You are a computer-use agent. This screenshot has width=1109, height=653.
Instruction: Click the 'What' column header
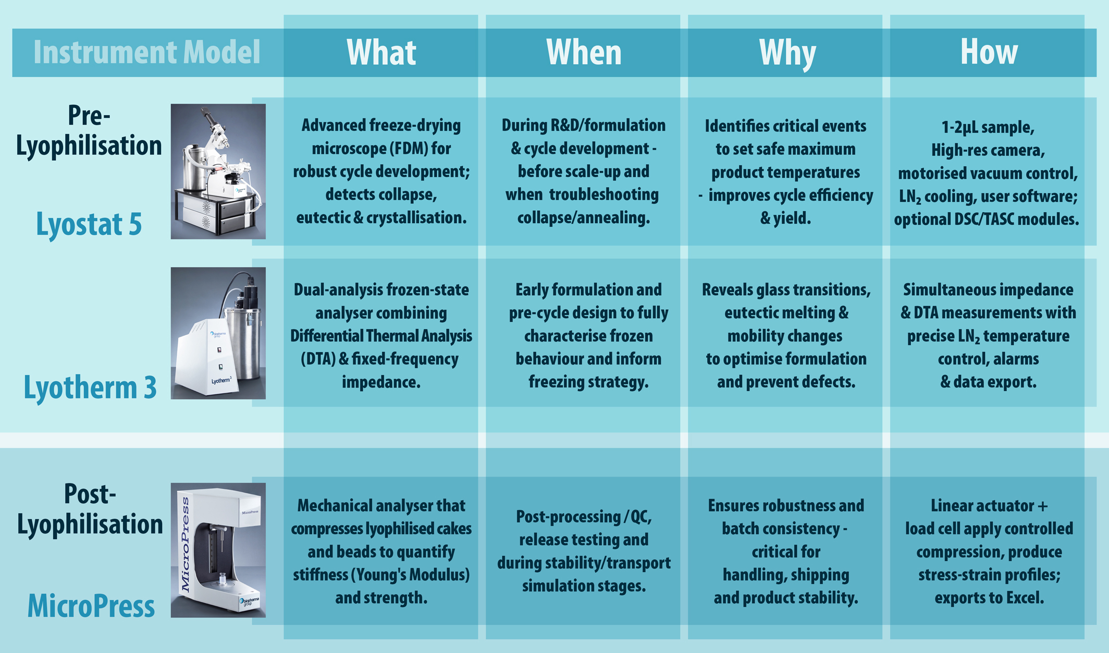pos(381,52)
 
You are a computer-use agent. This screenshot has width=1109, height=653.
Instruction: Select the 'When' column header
pos(584,52)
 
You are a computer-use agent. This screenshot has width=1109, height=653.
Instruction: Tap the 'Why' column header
pos(787,53)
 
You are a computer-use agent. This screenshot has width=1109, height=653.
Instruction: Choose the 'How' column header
pos(989,52)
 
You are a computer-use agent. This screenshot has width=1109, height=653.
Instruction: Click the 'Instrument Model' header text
pos(146,52)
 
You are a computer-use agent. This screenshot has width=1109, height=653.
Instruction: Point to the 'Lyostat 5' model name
pos(89,224)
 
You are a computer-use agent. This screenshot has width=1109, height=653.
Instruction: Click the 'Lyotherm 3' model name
pos(90,388)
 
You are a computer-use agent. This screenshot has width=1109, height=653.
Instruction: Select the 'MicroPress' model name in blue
pos(91,606)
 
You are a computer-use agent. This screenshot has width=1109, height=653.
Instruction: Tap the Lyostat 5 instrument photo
pos(218,172)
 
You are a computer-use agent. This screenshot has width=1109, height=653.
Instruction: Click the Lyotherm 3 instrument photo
pos(218,333)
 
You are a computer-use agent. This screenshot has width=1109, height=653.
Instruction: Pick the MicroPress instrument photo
pos(218,550)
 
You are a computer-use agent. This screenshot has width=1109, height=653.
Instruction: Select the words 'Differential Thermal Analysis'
pos(381,336)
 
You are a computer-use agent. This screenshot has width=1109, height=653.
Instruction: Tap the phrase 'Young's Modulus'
pos(410,575)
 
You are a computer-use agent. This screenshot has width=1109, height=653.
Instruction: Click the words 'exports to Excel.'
pos(989,598)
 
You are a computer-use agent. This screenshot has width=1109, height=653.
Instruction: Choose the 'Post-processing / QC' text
pos(584,517)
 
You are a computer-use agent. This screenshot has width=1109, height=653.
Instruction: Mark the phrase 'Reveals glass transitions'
pos(786,290)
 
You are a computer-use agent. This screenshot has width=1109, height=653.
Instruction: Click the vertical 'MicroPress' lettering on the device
pos(185,545)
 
